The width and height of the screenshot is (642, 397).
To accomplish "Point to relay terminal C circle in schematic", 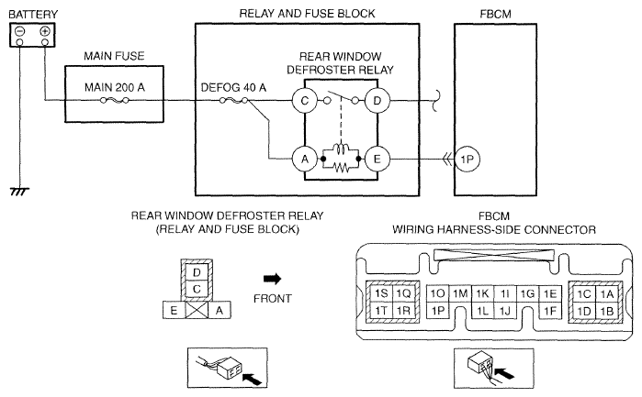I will (301, 100).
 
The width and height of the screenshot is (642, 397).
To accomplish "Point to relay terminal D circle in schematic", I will (377, 100).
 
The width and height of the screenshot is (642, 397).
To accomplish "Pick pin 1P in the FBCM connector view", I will (437, 311).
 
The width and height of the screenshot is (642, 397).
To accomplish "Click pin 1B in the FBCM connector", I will (606, 311).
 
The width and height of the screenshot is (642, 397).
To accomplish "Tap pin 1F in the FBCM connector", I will (549, 311).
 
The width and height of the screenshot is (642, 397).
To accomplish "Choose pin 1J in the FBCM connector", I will (504, 311).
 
